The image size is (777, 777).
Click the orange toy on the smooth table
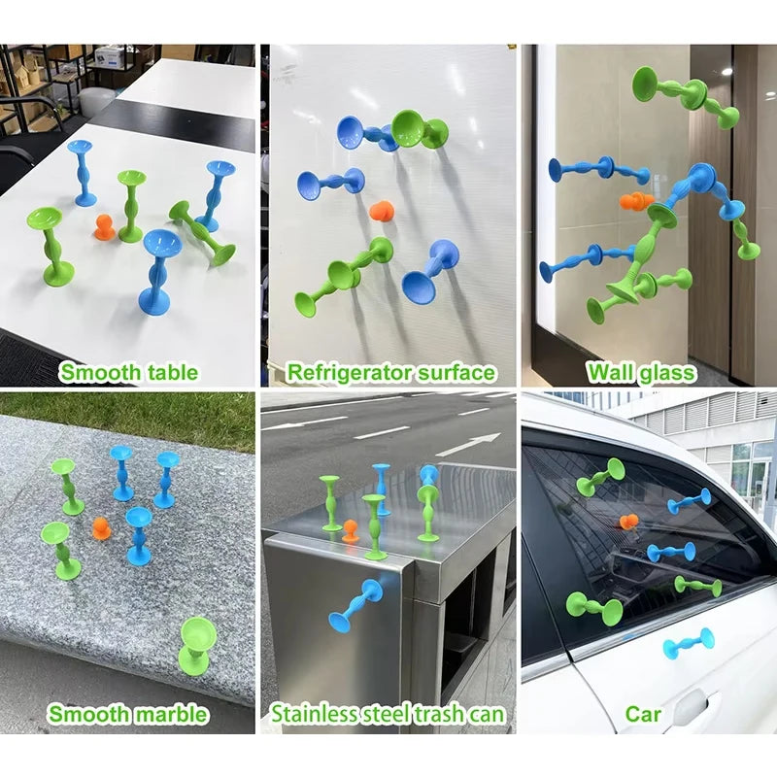click(104, 227)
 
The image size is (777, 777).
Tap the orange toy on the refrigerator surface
click(382, 210)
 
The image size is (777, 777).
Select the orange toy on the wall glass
click(635, 202)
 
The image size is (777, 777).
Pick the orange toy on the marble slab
click(100, 527)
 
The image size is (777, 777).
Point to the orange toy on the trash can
click(351, 531)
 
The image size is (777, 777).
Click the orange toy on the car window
click(628, 522)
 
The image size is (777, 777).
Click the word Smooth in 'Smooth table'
click(97, 372)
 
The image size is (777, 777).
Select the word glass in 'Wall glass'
click(667, 373)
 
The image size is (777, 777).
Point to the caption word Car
click(643, 714)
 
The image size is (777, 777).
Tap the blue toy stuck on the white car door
click(689, 642)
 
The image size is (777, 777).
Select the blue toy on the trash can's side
click(355, 603)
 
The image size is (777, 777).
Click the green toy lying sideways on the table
click(202, 233)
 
